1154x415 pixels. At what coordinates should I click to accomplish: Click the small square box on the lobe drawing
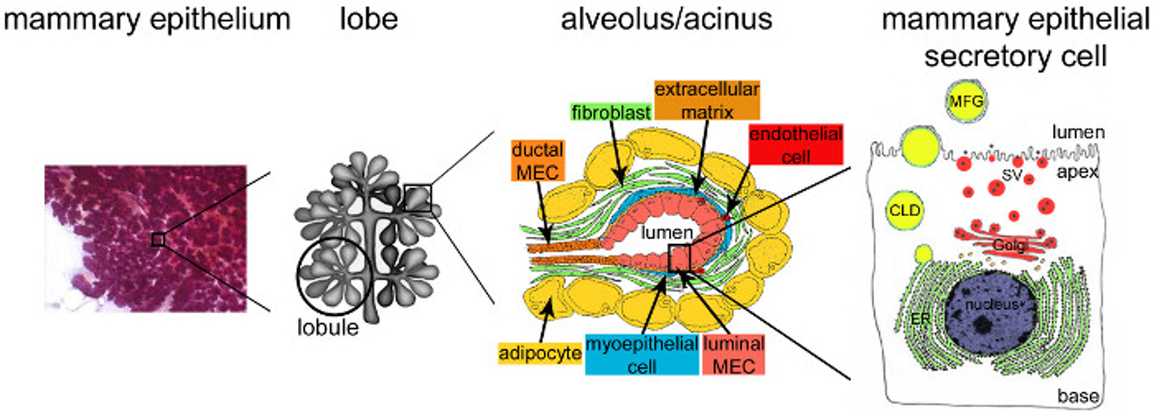click(418, 198)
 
